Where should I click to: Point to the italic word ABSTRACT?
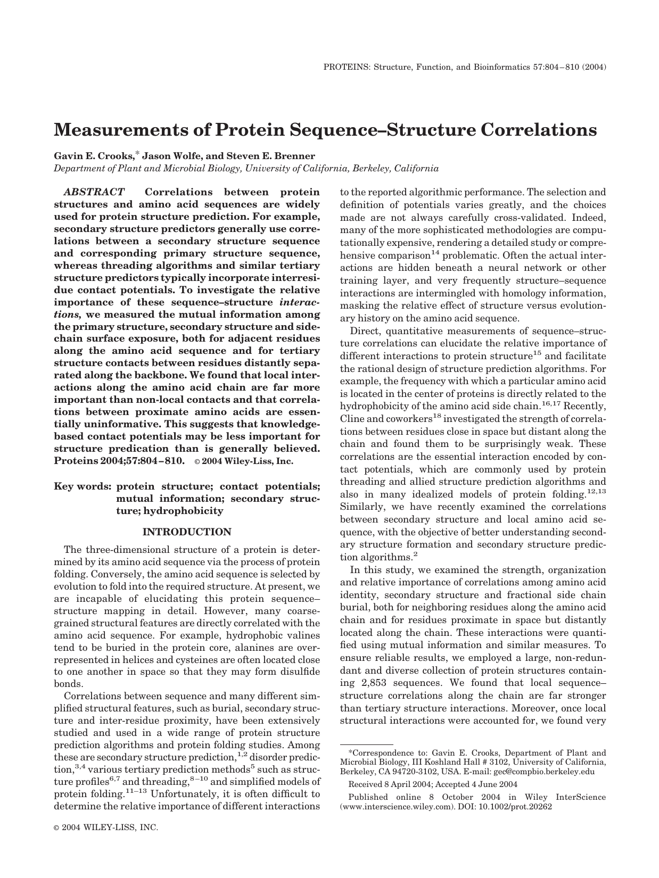click(x=94, y=192)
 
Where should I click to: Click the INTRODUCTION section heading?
click(x=187, y=532)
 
